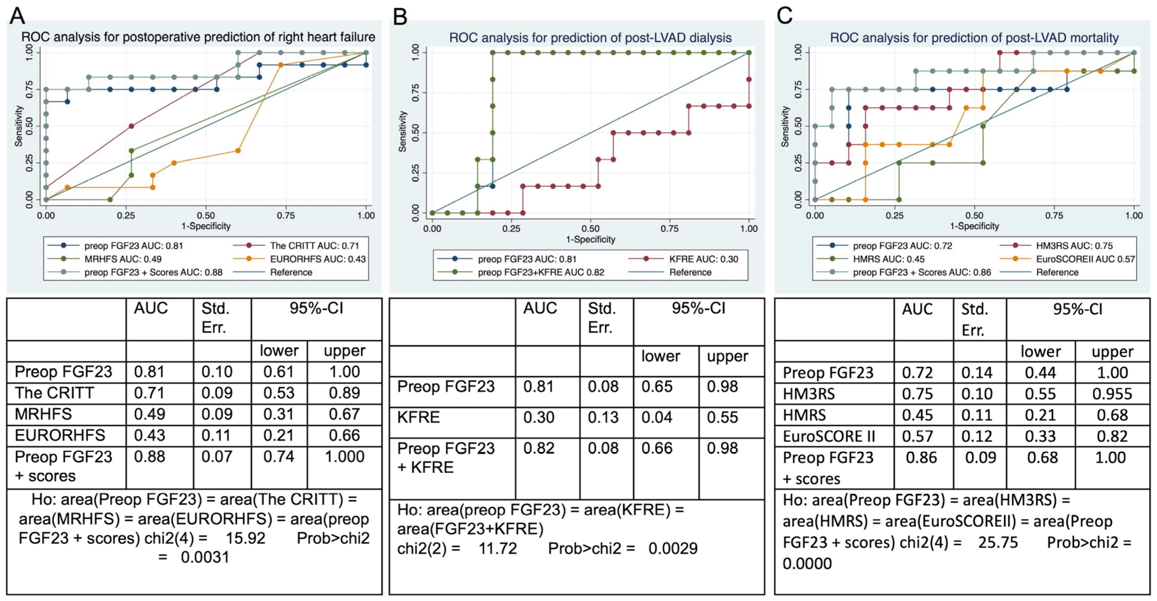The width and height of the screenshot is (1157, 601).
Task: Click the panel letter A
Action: pyautogui.click(x=17, y=16)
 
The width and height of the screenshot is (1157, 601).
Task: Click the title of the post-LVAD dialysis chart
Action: pyautogui.click(x=590, y=38)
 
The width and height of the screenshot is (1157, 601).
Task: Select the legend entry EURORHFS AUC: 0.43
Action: pyautogui.click(x=318, y=259)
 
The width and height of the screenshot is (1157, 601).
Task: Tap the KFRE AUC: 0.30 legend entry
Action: pyautogui.click(x=703, y=259)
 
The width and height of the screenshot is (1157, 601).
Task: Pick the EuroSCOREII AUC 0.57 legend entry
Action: pyautogui.click(x=1085, y=259)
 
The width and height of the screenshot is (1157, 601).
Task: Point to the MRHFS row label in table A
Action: pyautogui.click(x=43, y=414)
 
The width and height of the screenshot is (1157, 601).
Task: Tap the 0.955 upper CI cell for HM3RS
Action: pyautogui.click(x=1112, y=394)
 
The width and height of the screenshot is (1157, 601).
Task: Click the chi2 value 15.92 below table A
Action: pyautogui.click(x=245, y=538)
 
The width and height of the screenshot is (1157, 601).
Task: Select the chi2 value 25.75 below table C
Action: pyautogui.click(x=998, y=543)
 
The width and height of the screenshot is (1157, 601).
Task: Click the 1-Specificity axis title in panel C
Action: pyautogui.click(x=974, y=226)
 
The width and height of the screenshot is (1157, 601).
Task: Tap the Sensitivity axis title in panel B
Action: pyautogui.click(x=402, y=132)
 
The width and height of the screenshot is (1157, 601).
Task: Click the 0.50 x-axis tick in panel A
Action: pyautogui.click(x=206, y=216)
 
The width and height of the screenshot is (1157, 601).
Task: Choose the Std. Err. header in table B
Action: pyautogui.click(x=601, y=317)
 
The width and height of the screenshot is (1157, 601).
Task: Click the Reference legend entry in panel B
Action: pyautogui.click(x=690, y=272)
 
